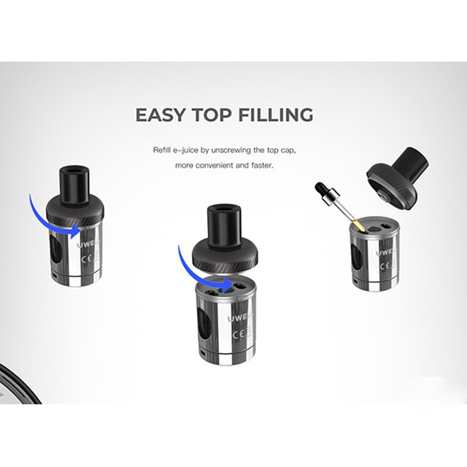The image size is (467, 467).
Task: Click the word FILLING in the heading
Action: (x=278, y=115)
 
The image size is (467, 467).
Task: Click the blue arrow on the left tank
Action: (x=51, y=212)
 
